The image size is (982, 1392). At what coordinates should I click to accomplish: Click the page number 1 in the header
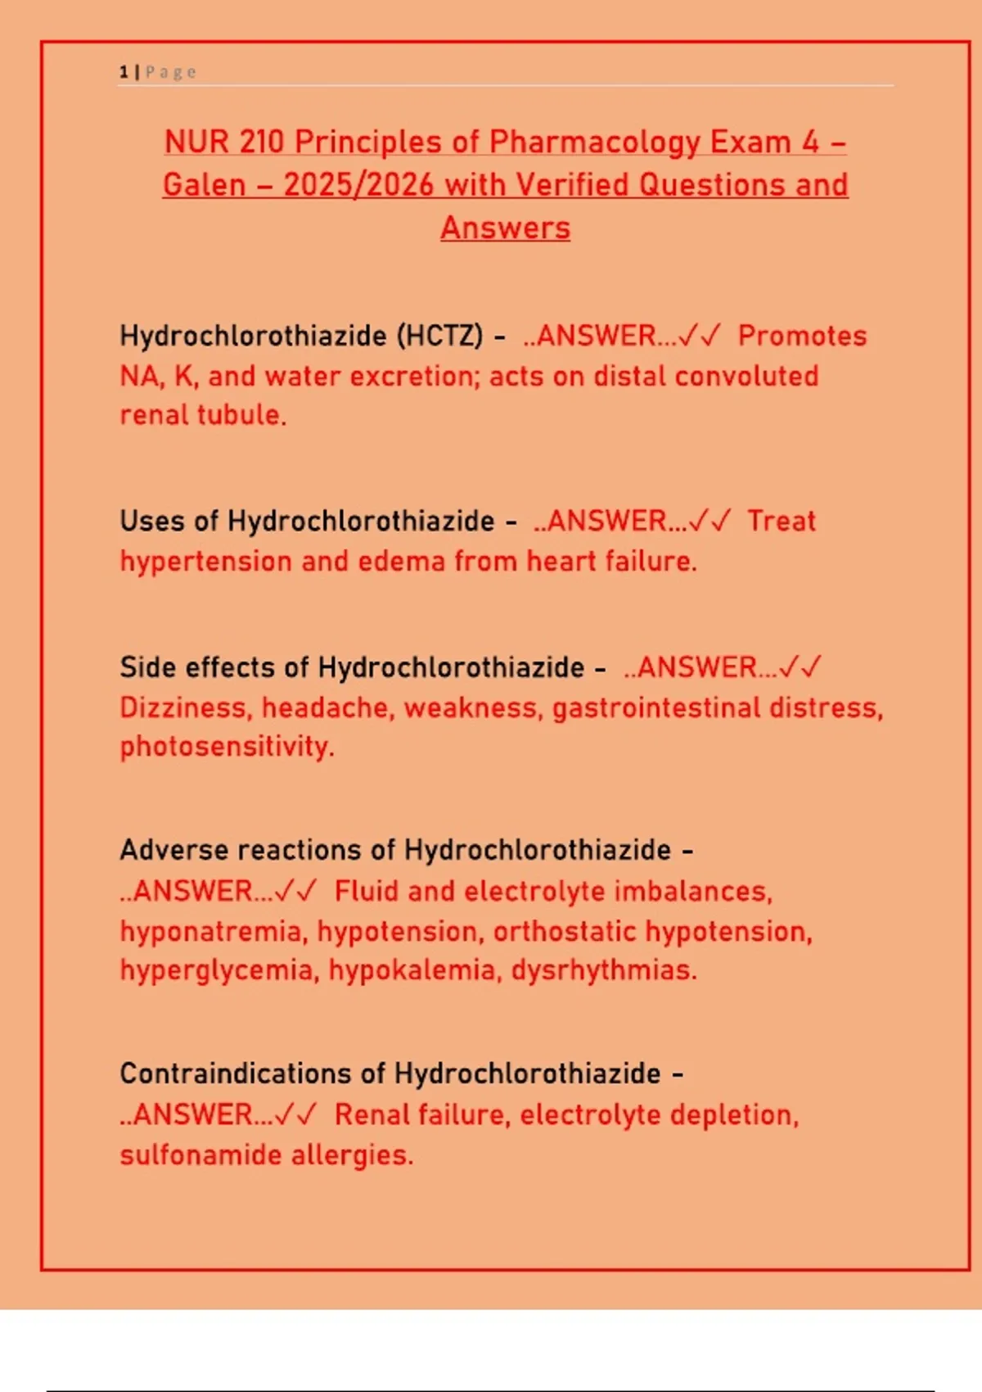point(124,72)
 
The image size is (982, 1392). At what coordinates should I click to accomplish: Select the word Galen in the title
point(204,185)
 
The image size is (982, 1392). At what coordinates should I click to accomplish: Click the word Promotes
point(802,336)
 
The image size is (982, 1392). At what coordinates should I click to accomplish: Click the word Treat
point(782,521)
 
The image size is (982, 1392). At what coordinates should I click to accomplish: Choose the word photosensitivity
point(227,747)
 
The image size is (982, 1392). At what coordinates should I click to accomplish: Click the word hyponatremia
point(214,931)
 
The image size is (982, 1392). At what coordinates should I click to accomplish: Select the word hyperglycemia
point(219,970)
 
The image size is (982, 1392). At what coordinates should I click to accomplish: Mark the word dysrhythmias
point(604,970)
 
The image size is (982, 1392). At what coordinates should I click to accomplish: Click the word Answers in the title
point(505,228)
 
